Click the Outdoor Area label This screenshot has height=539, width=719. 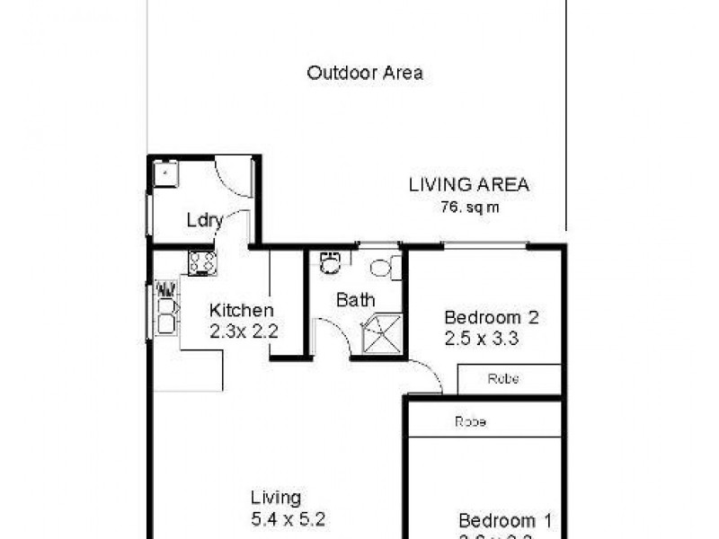click(x=365, y=73)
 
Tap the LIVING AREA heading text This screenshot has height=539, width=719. click(x=468, y=185)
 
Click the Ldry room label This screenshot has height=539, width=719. click(x=204, y=220)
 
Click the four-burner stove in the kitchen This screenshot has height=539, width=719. click(x=201, y=262)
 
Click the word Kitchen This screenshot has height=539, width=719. click(x=241, y=311)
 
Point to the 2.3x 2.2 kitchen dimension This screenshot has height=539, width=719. click(x=243, y=331)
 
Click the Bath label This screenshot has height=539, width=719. click(x=355, y=300)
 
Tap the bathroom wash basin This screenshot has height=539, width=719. click(x=331, y=262)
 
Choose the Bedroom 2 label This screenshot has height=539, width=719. click(x=491, y=317)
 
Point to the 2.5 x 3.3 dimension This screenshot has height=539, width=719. click(x=483, y=339)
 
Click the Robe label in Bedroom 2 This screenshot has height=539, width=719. click(x=503, y=379)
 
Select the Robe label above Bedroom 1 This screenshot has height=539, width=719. click(x=470, y=420)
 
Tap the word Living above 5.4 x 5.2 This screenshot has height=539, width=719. click(x=276, y=497)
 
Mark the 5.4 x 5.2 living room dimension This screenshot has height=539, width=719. click(x=288, y=518)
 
